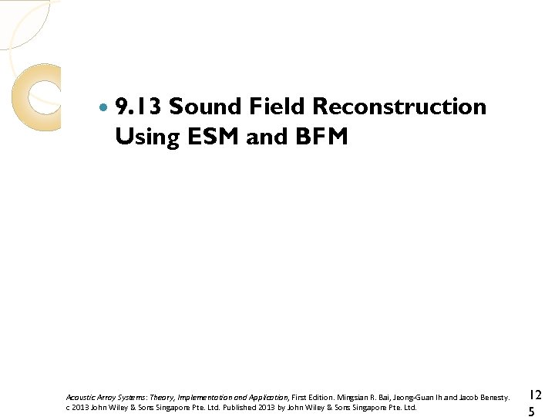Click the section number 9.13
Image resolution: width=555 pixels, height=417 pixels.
tap(139, 107)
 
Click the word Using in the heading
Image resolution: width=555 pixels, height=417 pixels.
tap(144, 137)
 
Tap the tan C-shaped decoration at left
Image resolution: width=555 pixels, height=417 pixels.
tap(29, 97)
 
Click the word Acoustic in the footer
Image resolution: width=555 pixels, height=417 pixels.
tap(79, 397)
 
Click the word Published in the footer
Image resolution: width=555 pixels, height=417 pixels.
tap(242, 407)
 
